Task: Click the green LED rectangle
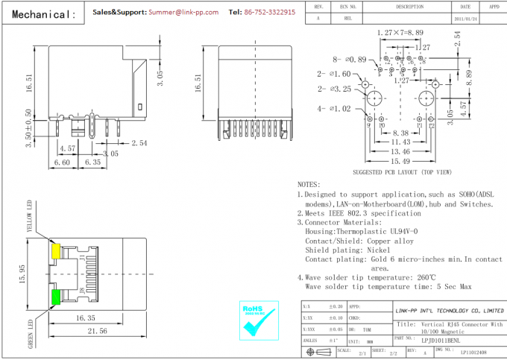tap(55, 297)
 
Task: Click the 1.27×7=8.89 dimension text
tap(400, 33)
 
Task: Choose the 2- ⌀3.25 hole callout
tap(333, 89)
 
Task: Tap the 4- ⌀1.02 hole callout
tap(333, 109)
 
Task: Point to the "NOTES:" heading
tap(309, 184)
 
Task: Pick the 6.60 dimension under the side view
tap(62, 161)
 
